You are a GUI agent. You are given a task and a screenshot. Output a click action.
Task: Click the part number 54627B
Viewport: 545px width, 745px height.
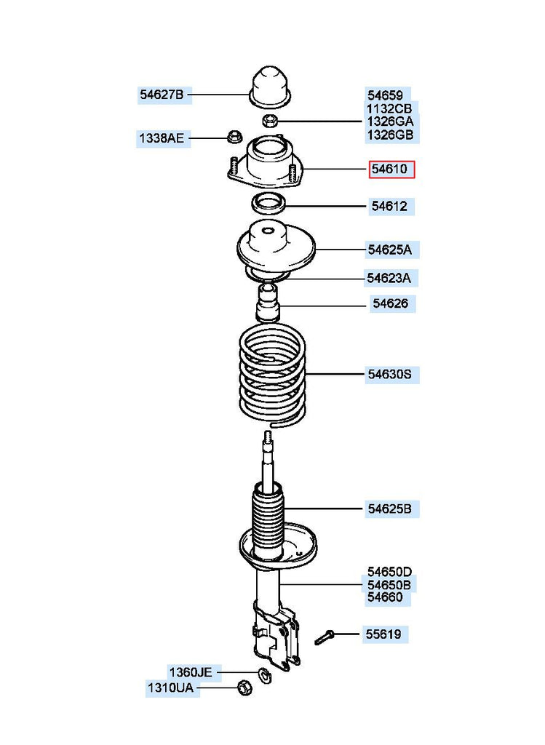tap(162, 94)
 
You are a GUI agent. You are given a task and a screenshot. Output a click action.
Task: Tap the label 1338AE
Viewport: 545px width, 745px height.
tap(162, 138)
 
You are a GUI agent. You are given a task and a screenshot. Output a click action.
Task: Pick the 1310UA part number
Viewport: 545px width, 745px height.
tap(172, 688)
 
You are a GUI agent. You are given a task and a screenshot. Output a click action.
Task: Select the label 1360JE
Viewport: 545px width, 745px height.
tap(191, 672)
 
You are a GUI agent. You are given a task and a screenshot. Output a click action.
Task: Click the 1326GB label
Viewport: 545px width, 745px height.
tap(390, 135)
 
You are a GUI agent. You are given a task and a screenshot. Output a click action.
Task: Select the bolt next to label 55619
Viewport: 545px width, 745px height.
tap(325, 638)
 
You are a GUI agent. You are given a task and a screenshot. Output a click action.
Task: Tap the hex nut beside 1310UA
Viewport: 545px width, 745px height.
tap(244, 687)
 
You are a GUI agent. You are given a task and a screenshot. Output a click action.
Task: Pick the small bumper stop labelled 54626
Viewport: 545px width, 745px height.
tap(268, 303)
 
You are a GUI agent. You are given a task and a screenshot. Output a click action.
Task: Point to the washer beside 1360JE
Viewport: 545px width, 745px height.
tap(265, 674)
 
